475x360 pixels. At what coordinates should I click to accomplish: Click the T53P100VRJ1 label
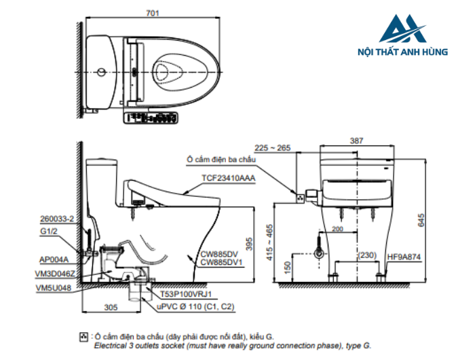coord(187,294)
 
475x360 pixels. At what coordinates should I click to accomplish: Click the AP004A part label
coord(53,259)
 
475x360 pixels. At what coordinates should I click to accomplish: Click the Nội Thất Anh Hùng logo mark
coord(403,31)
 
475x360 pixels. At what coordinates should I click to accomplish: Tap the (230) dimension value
coord(368,255)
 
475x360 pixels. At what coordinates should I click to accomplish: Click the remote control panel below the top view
coord(152,118)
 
